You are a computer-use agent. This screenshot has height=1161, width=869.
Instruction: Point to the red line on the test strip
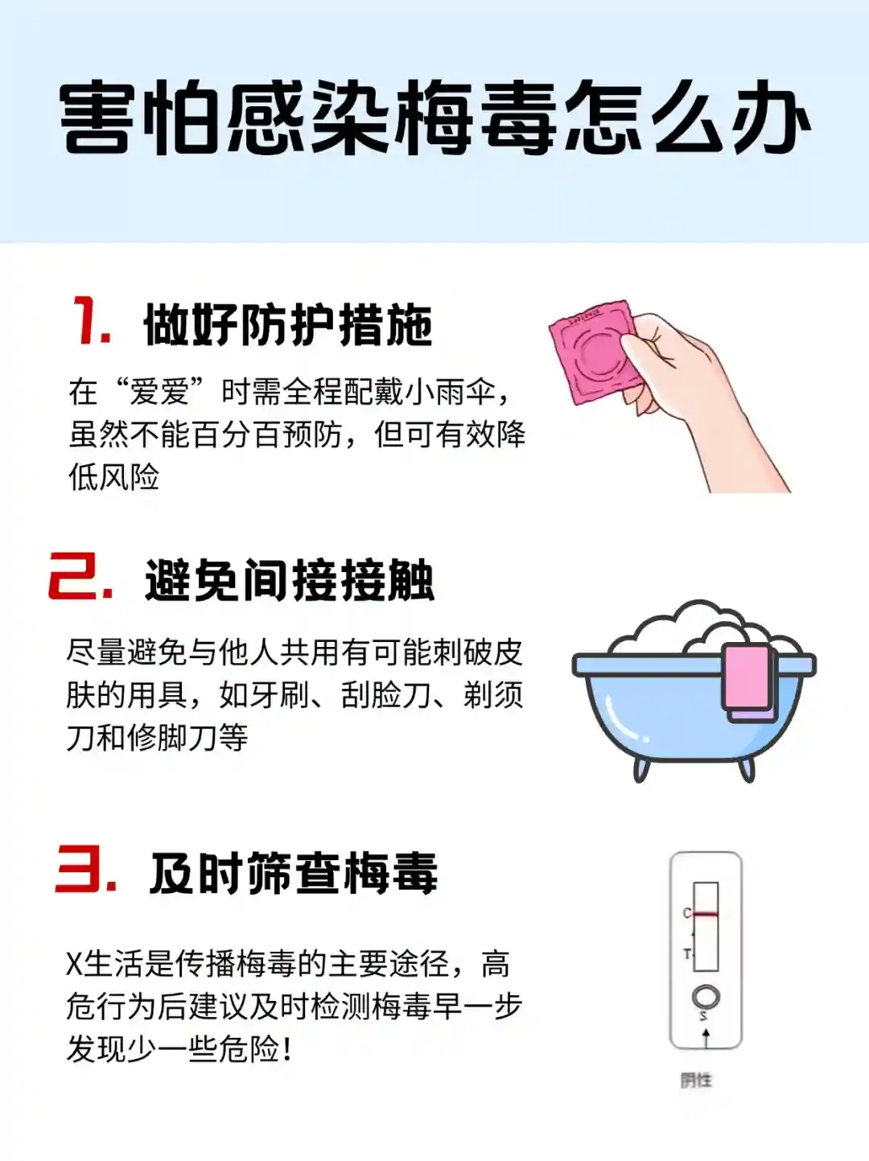(x=706, y=914)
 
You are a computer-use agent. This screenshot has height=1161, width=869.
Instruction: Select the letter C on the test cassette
(x=687, y=913)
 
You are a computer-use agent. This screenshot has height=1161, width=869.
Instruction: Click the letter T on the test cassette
(x=687, y=954)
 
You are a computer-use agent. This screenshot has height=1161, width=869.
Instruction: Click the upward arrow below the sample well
(x=706, y=1038)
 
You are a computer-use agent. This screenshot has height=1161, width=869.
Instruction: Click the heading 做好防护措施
(x=288, y=325)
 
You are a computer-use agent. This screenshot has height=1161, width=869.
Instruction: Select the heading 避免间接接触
(x=289, y=580)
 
